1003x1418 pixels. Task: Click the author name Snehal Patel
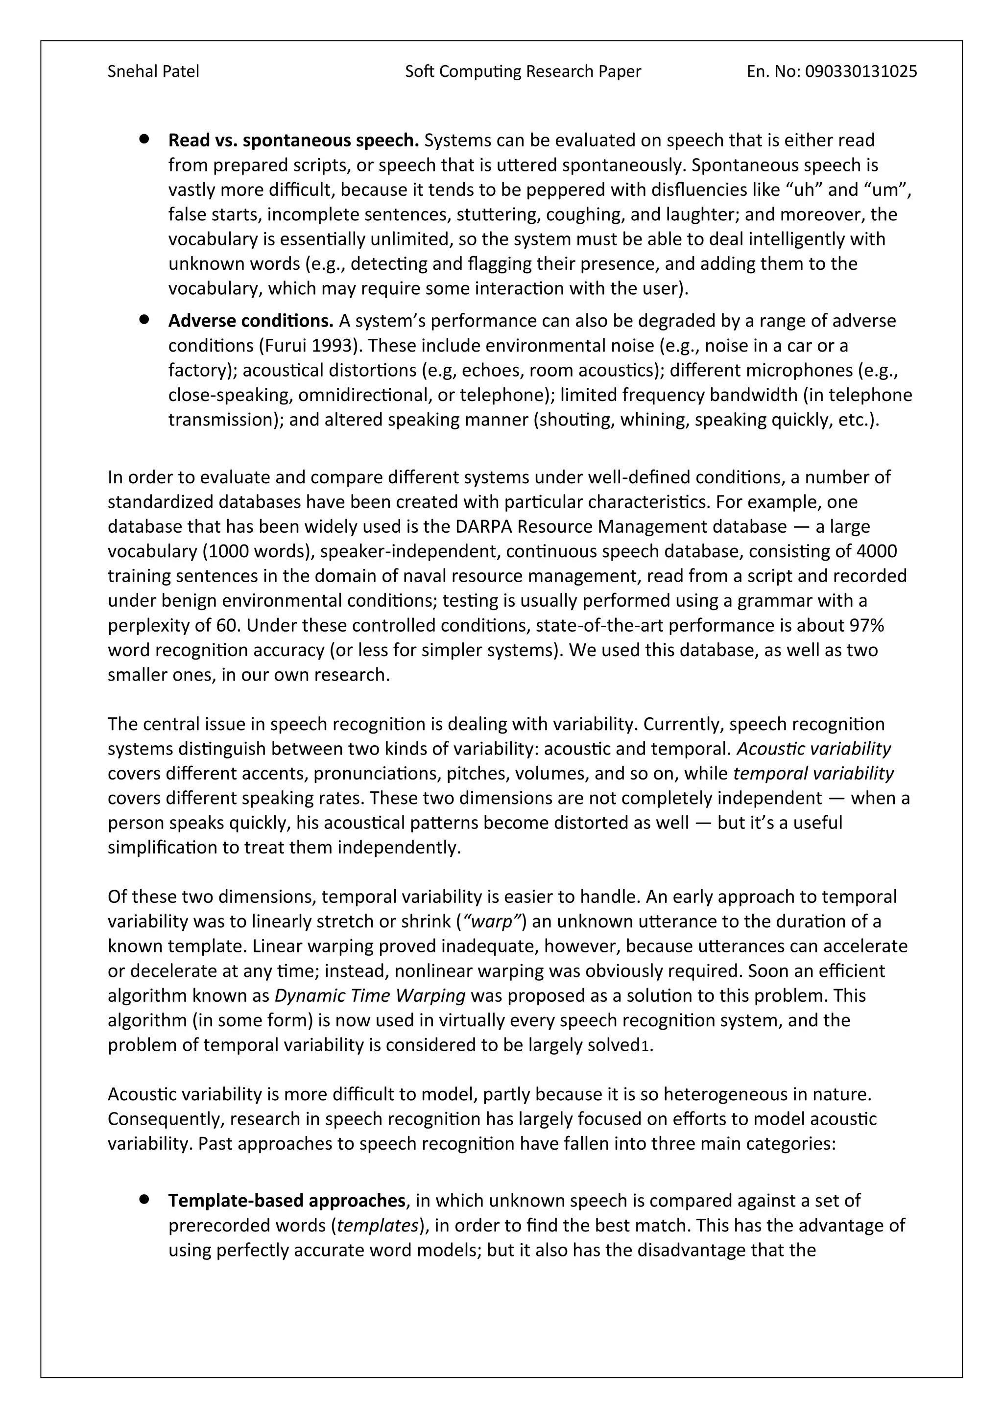(x=153, y=71)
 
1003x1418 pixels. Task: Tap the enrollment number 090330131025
(x=861, y=71)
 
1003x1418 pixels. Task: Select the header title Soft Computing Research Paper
(x=523, y=71)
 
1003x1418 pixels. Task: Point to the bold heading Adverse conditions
(x=251, y=321)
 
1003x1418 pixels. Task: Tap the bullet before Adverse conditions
(x=144, y=319)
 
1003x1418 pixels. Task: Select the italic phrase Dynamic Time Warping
(x=369, y=995)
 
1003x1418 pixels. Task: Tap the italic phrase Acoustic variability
(x=813, y=749)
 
